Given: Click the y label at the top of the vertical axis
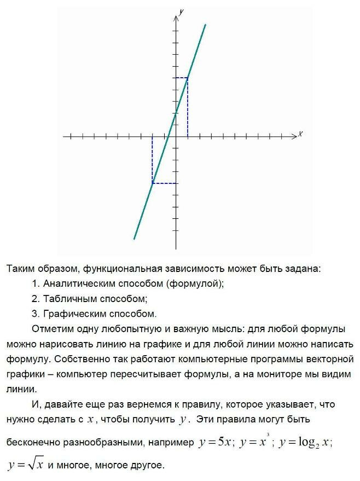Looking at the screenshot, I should [181, 11].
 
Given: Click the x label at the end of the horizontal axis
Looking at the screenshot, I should [300, 134].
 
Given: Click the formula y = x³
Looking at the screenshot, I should [255, 442].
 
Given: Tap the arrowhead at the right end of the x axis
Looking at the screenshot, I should [295, 136].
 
